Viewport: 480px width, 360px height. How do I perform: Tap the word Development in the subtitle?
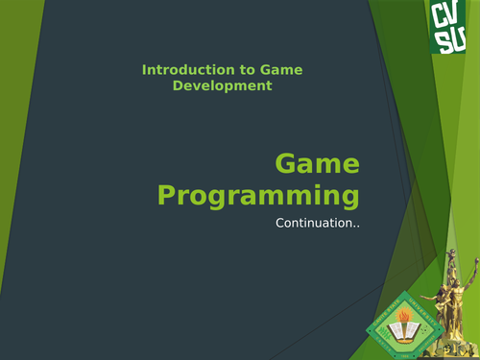[222, 85]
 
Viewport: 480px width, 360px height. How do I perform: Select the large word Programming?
[258, 196]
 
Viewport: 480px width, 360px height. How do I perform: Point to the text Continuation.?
[317, 226]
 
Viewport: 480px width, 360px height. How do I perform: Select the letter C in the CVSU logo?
[441, 16]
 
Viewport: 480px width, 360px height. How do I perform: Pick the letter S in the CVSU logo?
[441, 39]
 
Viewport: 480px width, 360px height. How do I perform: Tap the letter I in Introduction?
[144, 70]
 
